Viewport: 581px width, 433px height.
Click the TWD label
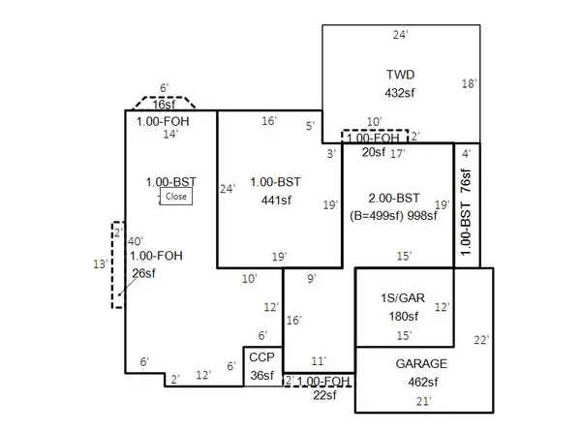[400, 75]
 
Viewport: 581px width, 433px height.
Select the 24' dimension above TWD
[400, 35]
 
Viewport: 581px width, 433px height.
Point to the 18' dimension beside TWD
[469, 84]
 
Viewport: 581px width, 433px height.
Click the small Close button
[175, 196]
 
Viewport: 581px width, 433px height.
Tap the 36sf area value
[261, 375]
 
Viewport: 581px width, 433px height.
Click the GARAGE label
[421, 363]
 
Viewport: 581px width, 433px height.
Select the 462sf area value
[421, 381]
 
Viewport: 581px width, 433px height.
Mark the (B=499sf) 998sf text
[393, 215]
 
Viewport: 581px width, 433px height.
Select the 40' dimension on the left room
[136, 240]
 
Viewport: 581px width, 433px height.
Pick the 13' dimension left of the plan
[98, 263]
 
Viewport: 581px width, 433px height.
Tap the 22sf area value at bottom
[323, 395]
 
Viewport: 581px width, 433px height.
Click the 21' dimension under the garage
[422, 402]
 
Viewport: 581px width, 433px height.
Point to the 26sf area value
[143, 273]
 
